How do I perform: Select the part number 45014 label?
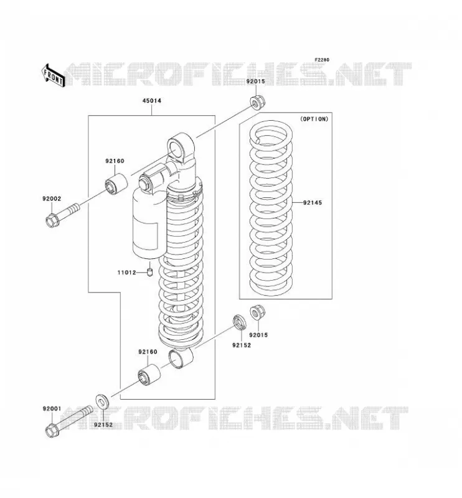[x=151, y=101]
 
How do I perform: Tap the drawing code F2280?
[x=322, y=60]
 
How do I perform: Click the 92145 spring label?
[x=313, y=203]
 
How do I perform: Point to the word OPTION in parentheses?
[x=314, y=119]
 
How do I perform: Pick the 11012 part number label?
[x=127, y=273]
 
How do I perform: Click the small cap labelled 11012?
[x=150, y=272]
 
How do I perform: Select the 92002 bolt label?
[x=52, y=199]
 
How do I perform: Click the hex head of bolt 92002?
[x=52, y=220]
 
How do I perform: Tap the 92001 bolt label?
[x=52, y=409]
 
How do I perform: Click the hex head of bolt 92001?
[x=52, y=430]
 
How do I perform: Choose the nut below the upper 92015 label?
[x=258, y=101]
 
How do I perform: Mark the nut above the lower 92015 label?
[x=257, y=312]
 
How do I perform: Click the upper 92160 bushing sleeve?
[x=116, y=184]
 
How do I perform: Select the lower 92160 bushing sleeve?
[x=149, y=375]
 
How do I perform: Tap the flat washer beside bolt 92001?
[x=102, y=403]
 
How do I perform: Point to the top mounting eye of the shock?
[x=181, y=148]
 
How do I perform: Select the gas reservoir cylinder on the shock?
[x=149, y=222]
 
